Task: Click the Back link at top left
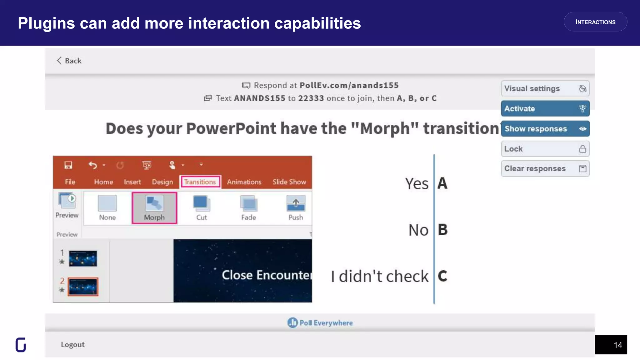coord(69,61)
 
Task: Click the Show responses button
coord(545,129)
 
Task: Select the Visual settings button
coord(545,88)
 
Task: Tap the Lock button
coord(545,149)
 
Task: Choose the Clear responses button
coord(545,169)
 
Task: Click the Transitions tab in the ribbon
coord(200,182)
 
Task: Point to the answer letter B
coord(442,230)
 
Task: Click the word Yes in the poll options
coord(417,183)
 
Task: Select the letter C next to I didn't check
coord(442,276)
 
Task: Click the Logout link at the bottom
coord(72,344)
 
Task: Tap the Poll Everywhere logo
coord(320,323)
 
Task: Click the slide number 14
coord(617,345)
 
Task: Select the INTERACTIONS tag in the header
coord(595,22)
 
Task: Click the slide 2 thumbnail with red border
coord(83,287)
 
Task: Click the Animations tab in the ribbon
coord(244,182)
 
